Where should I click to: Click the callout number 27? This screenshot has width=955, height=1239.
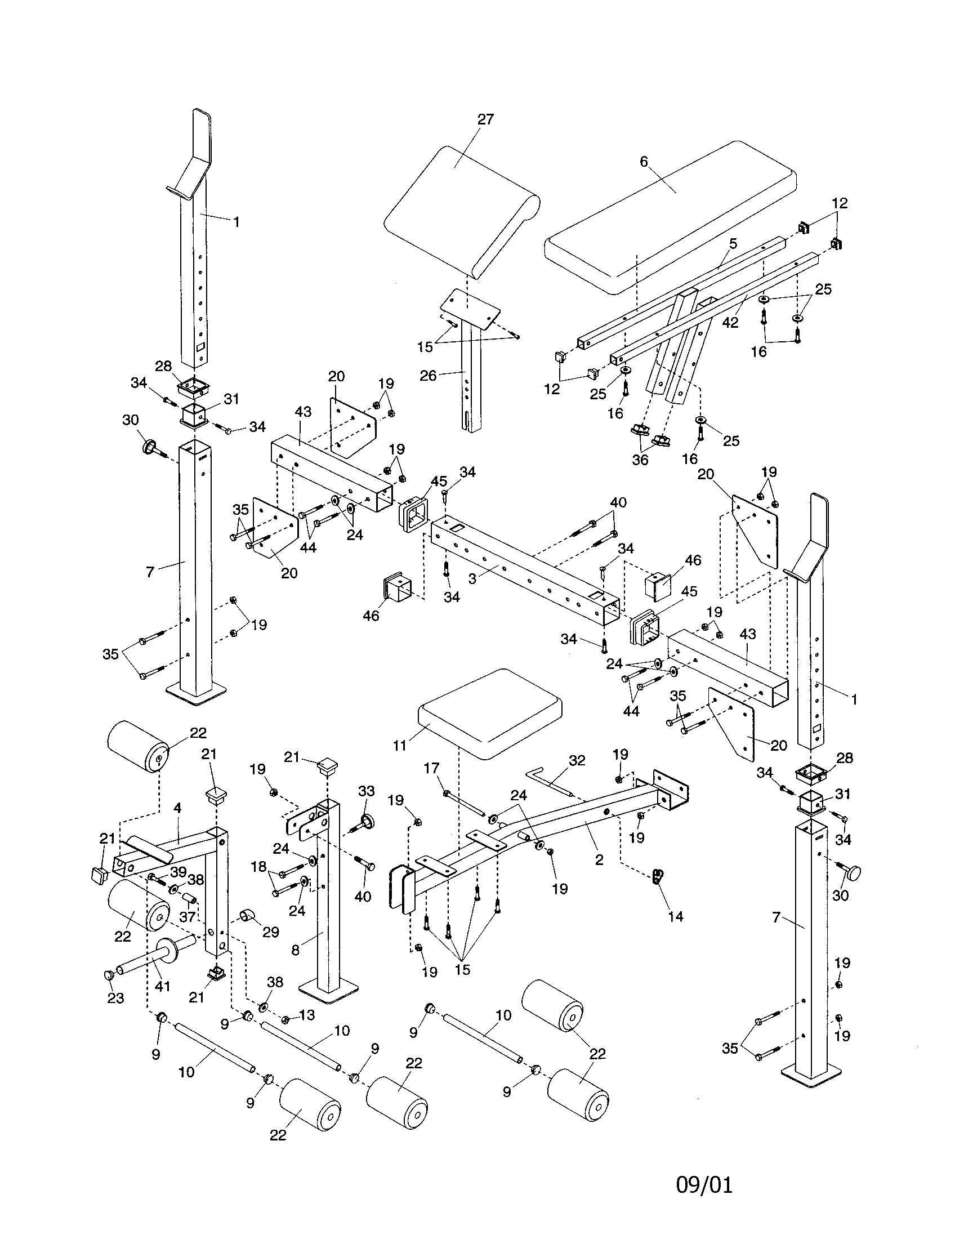[485, 120]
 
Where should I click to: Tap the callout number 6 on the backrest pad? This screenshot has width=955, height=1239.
[643, 162]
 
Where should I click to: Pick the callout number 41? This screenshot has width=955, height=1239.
[163, 987]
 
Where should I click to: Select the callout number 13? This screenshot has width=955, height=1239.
[307, 1015]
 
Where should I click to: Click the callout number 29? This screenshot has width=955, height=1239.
[271, 932]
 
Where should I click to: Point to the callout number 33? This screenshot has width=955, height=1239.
[367, 791]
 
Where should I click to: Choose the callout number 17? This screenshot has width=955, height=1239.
[431, 769]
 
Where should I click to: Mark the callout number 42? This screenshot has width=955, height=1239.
[730, 322]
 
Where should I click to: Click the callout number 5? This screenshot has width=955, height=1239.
[733, 244]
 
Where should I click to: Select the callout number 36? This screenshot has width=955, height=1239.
[640, 460]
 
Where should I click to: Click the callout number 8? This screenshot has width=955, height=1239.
[295, 950]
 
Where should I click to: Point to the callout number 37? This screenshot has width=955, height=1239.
[188, 917]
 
